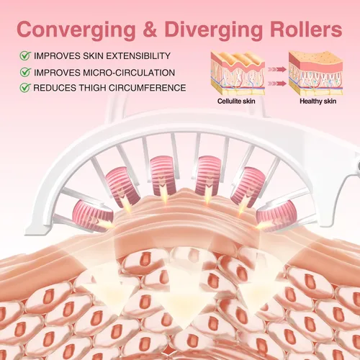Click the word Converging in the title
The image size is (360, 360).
tap(76, 30)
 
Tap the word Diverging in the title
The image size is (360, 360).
tap(213, 30)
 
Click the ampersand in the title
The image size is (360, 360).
tap(150, 30)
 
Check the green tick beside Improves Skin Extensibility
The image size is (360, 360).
tap(25, 55)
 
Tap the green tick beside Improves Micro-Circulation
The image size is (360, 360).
tap(25, 72)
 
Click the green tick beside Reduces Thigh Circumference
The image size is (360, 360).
tap(25, 88)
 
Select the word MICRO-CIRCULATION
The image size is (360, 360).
tap(129, 73)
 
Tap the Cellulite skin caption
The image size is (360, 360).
tap(236, 102)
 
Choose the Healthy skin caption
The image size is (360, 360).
tap(318, 102)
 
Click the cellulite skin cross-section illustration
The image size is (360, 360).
tap(238, 73)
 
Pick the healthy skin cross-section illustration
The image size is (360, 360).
tap(316, 73)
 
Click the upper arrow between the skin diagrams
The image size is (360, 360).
tap(277, 69)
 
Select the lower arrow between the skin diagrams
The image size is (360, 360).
tap(277, 84)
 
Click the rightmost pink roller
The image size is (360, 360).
tap(276, 215)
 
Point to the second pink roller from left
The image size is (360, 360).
tap(122, 187)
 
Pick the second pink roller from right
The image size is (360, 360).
tap(248, 187)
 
